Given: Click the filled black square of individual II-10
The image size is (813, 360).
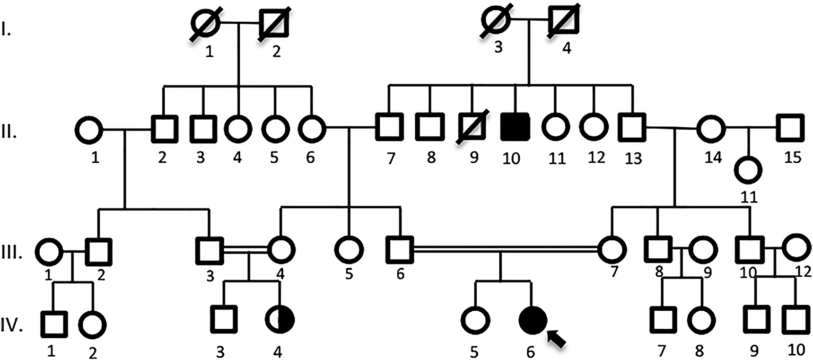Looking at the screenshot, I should (515, 127).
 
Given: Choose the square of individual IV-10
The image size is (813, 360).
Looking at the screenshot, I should (796, 320).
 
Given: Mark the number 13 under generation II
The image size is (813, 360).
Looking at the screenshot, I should (633, 158).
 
